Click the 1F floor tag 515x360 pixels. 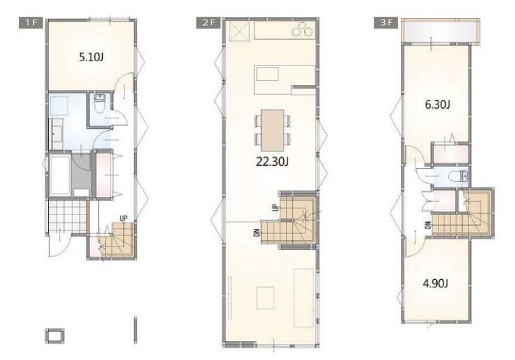31,23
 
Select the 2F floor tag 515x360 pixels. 209,23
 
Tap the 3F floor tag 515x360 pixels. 386,23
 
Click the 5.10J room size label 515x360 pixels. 91,57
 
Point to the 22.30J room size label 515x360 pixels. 272,162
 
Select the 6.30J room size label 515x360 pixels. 437,105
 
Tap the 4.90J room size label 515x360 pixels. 435,283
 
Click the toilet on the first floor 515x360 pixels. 100,102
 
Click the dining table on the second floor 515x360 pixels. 273,130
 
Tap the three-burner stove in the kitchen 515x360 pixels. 304,29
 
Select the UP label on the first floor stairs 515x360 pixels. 123,219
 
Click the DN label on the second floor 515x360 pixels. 257,233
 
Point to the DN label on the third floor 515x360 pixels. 427,226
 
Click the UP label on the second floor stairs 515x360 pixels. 275,207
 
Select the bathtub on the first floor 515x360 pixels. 60,175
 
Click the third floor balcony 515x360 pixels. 441,32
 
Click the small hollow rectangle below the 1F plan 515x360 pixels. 54,336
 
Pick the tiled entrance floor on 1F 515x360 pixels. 68,217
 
